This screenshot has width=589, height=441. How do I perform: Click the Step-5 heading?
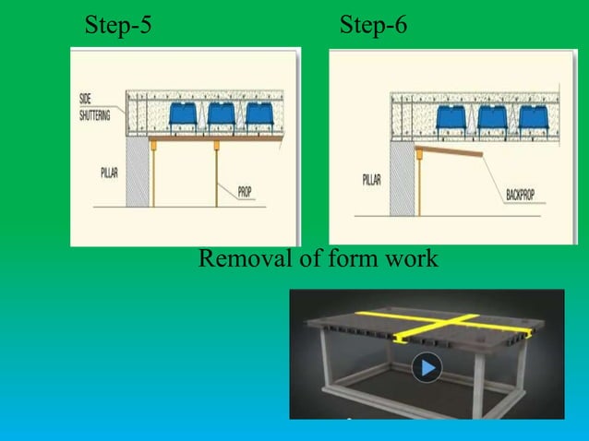tap(118, 25)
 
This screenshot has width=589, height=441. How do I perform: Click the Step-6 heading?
tap(373, 25)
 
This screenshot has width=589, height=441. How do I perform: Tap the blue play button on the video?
tap(427, 367)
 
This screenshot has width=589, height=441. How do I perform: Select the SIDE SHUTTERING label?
tap(95, 107)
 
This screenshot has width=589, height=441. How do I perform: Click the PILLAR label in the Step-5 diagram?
tap(109, 173)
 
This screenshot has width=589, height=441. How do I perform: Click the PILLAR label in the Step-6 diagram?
tap(371, 180)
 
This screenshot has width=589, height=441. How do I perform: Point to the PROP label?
tap(245, 192)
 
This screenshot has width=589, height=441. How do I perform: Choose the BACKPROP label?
tap(521, 195)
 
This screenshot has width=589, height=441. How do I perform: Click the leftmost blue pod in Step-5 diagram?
tap(183, 113)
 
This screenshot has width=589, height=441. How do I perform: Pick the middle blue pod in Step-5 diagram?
tap(222, 113)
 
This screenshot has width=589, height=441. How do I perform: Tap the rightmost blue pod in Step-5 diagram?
tap(259, 113)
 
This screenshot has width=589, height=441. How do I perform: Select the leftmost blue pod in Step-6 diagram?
tap(451, 117)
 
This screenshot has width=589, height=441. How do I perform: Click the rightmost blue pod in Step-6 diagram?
tap(534, 117)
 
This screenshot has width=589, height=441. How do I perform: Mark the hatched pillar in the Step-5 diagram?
tap(138, 172)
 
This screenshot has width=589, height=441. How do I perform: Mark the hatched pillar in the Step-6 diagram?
tap(403, 178)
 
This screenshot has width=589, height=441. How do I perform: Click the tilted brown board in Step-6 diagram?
tap(449, 151)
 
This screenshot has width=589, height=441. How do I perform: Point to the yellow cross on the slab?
tap(444, 325)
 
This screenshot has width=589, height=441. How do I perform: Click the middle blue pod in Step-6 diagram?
tap(492, 117)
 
